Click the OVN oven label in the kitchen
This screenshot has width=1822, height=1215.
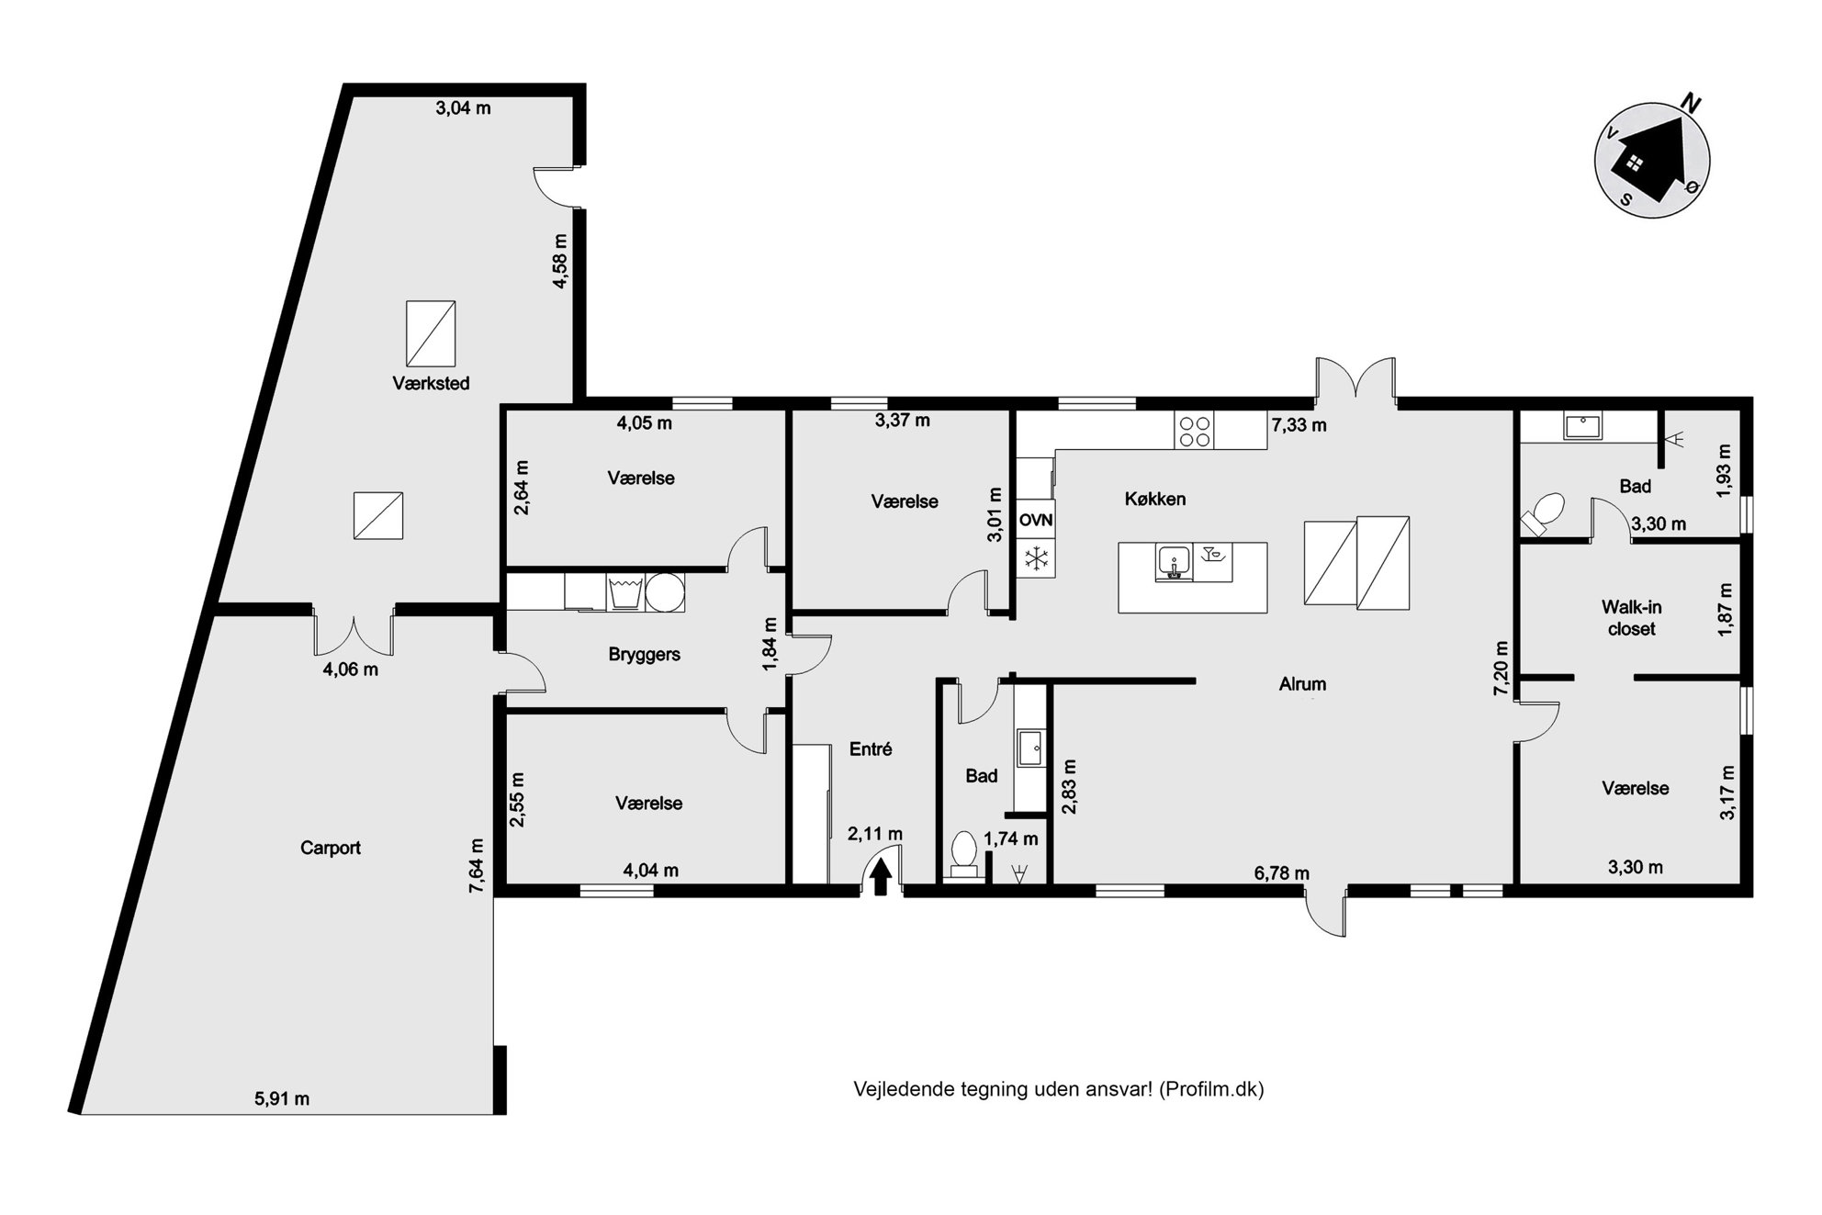pos(1036,520)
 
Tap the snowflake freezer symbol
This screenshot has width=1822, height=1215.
pos(1036,557)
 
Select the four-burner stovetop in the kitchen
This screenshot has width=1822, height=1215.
pos(1194,431)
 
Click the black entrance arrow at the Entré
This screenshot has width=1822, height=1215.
pos(881,876)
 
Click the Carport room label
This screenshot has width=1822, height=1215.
pos(331,848)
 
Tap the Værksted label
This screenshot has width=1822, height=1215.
pos(431,383)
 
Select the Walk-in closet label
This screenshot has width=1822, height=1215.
pos(1632,618)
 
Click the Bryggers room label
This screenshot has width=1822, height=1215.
pos(644,655)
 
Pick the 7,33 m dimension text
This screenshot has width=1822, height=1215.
pos(1299,425)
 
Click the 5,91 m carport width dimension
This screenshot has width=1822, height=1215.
pos(281,1098)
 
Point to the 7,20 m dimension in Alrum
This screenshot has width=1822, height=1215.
pos(1501,668)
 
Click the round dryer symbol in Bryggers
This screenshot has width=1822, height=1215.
pos(665,592)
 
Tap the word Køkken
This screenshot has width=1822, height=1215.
pos(1155,500)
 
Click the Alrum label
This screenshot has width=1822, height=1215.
pos(1302,684)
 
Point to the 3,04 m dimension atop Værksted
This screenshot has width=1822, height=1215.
pos(463,108)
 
